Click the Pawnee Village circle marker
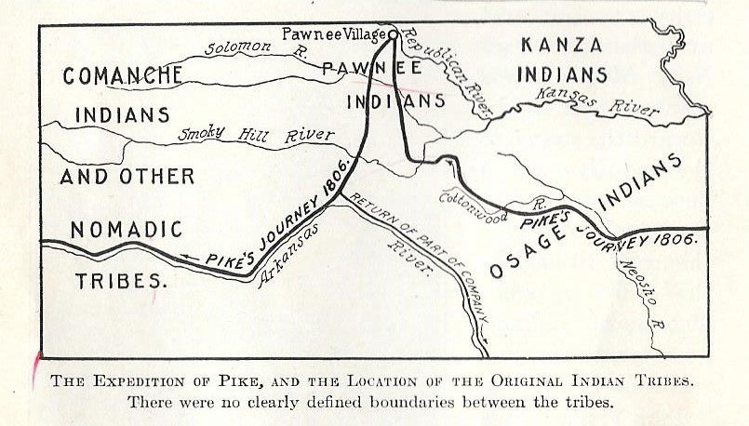point(394,34)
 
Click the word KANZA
point(561,44)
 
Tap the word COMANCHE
point(122,76)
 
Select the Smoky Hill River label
point(255,135)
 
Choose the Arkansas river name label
point(288,248)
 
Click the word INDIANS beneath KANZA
point(562,74)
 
